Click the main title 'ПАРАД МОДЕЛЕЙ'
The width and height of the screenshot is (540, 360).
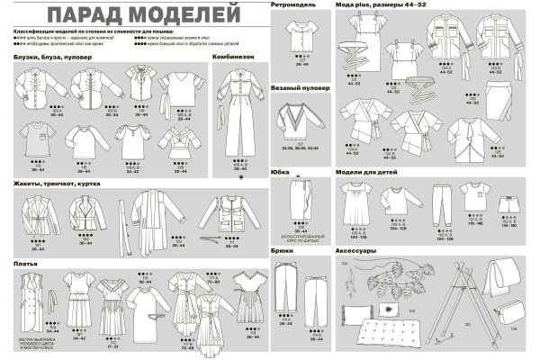144,15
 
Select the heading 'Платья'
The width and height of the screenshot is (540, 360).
25,263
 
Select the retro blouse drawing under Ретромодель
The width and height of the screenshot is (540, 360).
298,36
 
